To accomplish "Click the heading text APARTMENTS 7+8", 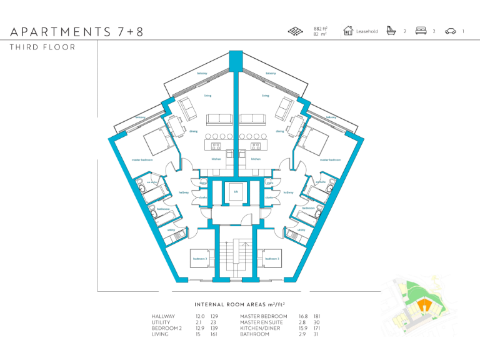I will (x=76, y=32).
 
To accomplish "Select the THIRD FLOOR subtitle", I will (x=42, y=47).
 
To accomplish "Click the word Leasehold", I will (x=367, y=31).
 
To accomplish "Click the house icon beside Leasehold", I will (x=348, y=31).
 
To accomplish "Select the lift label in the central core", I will (x=236, y=192).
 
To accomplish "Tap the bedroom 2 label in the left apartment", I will (x=200, y=258).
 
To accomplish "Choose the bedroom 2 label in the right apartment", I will (x=272, y=258).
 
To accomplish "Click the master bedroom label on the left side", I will (x=142, y=160).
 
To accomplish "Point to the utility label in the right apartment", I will (x=301, y=230).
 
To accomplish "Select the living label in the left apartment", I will (x=207, y=96).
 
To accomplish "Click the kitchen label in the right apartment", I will (x=256, y=159).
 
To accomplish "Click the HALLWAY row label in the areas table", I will (x=164, y=317).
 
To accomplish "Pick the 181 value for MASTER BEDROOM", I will (x=317, y=317).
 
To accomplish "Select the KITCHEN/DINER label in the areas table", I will (x=262, y=328).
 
